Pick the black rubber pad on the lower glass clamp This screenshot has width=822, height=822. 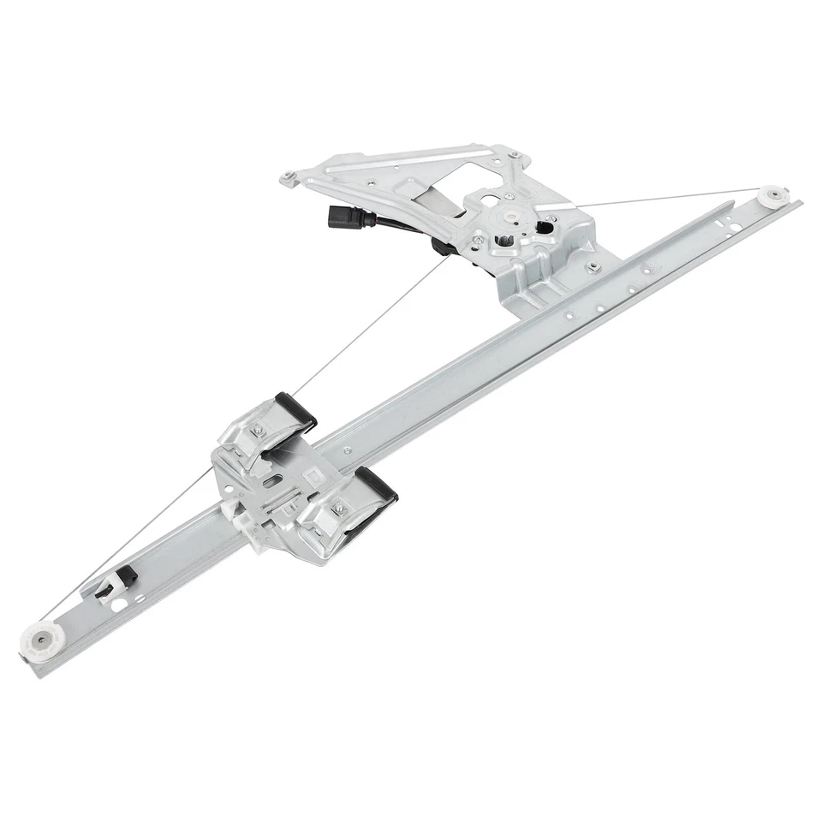pyautogui.click(x=378, y=485)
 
